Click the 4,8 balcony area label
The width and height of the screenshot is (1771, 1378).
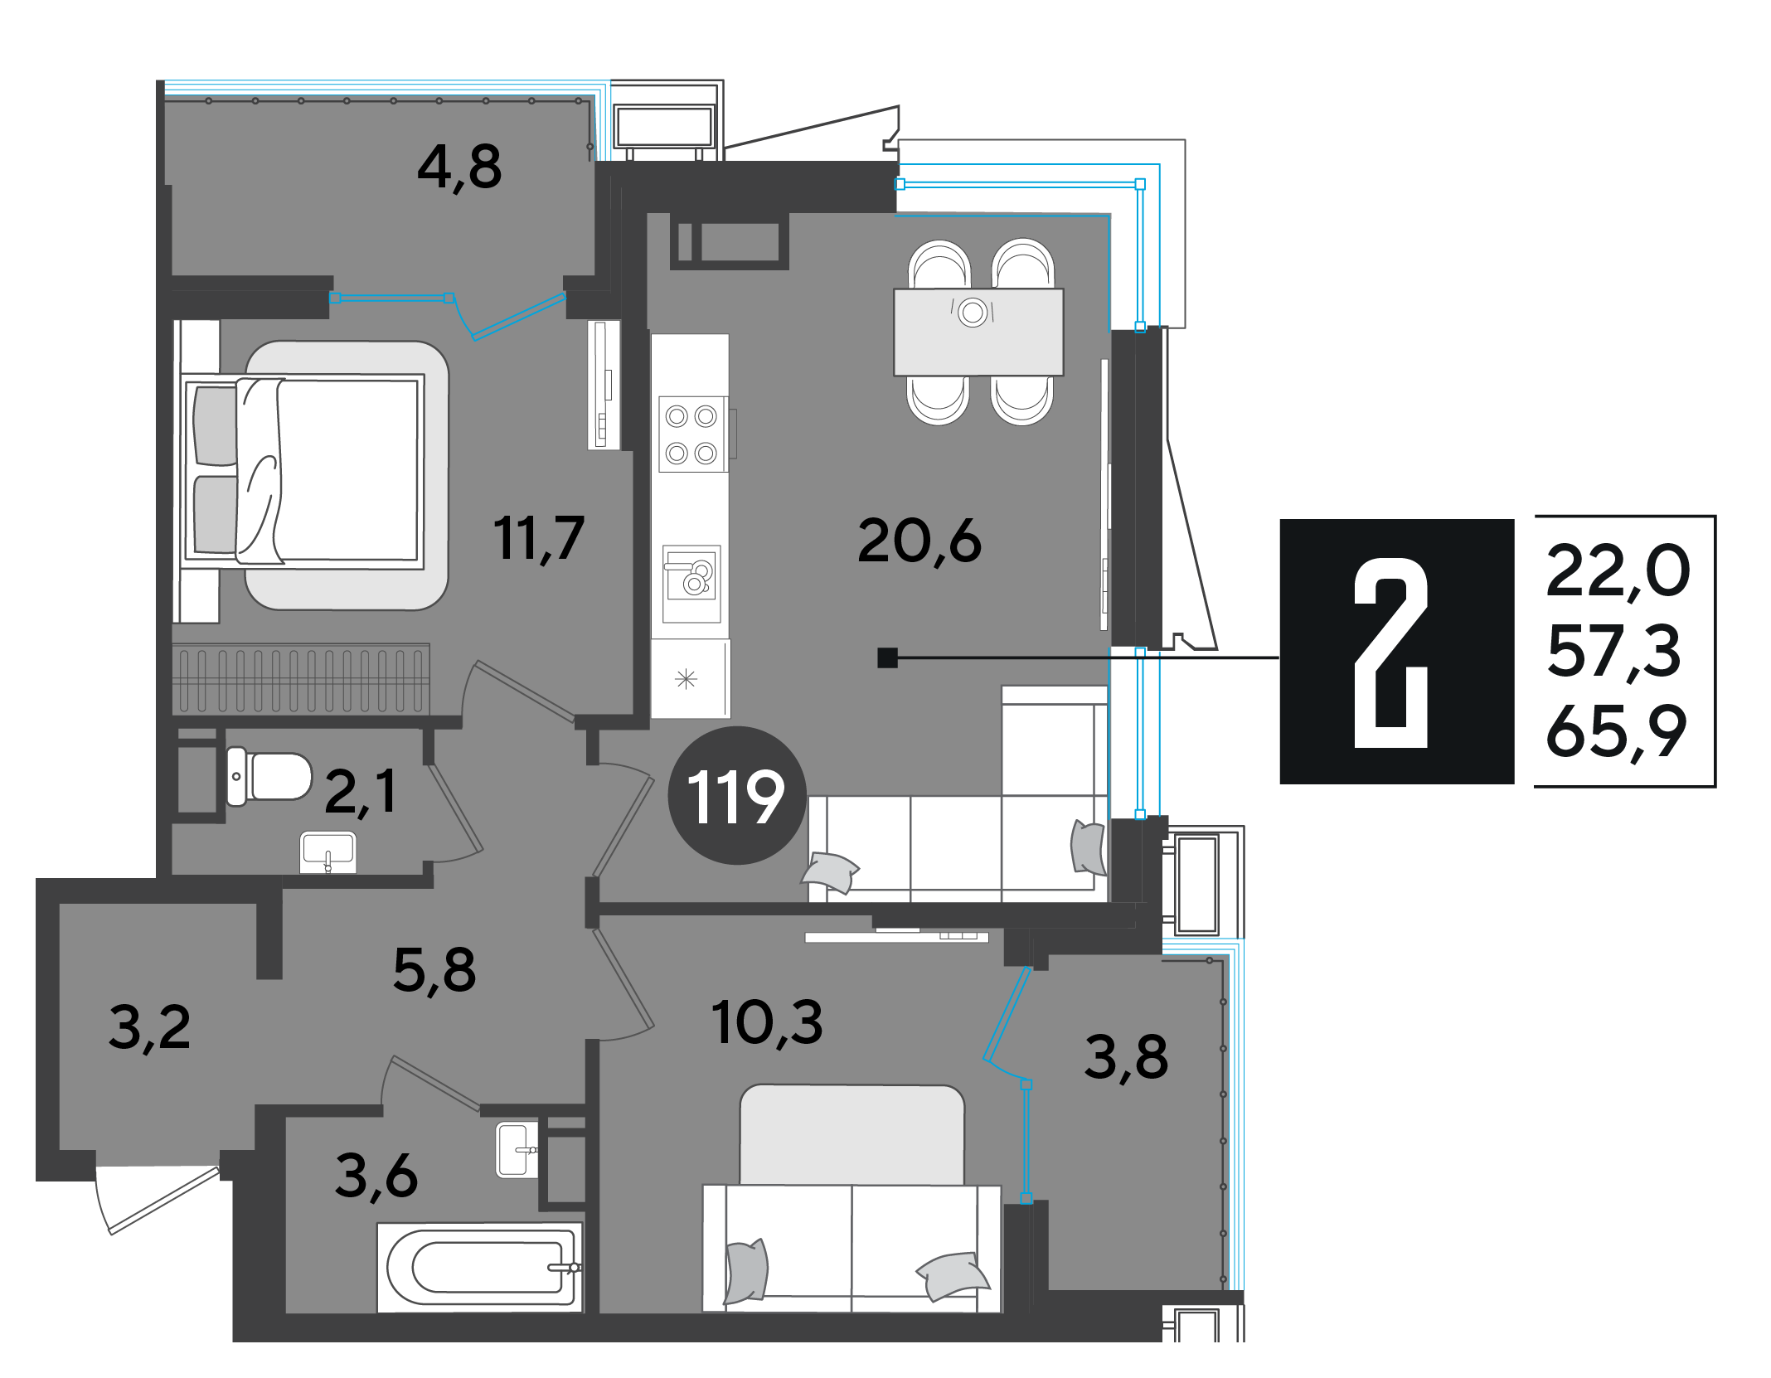(459, 168)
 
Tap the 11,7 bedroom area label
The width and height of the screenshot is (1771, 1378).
(539, 539)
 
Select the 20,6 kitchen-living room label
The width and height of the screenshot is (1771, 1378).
(919, 542)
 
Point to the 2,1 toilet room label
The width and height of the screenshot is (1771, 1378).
(361, 793)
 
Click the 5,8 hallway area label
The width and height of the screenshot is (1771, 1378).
(434, 971)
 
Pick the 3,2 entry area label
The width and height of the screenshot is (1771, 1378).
(149, 1028)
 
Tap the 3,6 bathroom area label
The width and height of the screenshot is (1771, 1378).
(376, 1177)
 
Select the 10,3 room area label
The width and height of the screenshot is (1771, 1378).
(767, 1023)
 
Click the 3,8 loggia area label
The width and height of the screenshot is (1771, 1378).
(1126, 1058)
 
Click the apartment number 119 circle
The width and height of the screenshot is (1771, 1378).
(737, 796)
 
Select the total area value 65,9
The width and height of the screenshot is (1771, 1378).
(1616, 731)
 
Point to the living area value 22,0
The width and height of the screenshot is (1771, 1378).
(1618, 571)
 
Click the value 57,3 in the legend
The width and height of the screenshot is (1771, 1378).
(1613, 652)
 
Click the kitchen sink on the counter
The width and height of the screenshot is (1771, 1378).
(691, 584)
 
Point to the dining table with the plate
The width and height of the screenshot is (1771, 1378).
(978, 332)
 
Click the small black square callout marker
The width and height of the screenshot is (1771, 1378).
(887, 657)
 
